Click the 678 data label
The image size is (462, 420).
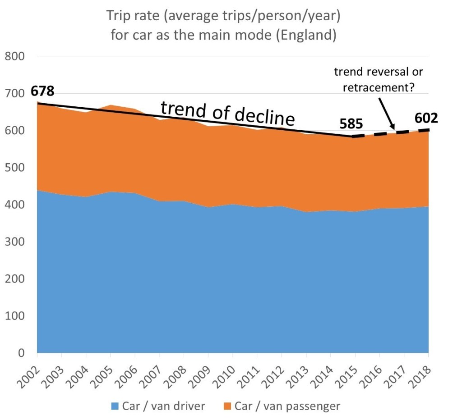click(x=42, y=91)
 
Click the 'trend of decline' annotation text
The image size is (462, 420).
click(x=228, y=113)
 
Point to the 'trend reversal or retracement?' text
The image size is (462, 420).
click(x=379, y=79)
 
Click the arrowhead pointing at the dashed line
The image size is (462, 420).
click(x=393, y=128)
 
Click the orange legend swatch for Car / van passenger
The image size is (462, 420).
click(x=227, y=406)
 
